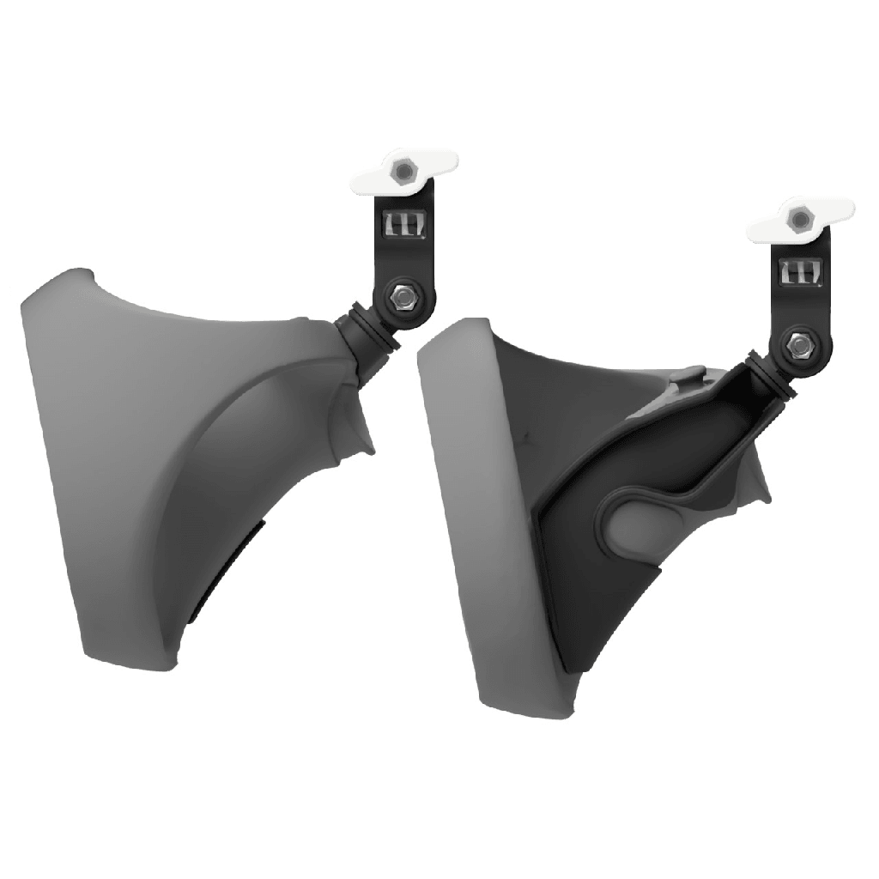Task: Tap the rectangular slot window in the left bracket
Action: point(401,225)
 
